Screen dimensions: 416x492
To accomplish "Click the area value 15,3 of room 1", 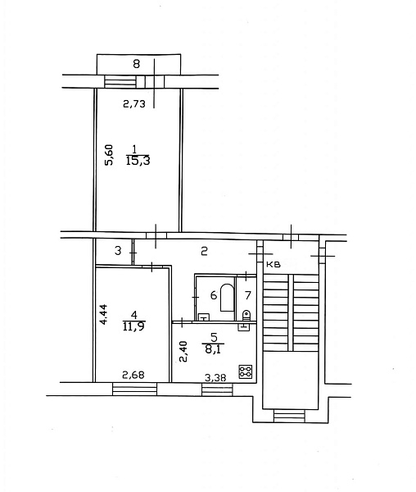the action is (138, 161).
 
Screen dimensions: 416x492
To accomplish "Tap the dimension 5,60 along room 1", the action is (109, 155).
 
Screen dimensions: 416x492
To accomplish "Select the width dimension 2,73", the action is (134, 104).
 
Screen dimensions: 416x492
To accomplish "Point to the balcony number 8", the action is (136, 64).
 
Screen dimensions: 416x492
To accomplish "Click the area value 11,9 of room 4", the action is (134, 326).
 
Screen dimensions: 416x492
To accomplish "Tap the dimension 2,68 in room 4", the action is (133, 375).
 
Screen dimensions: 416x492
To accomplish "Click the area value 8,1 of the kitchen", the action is (213, 349).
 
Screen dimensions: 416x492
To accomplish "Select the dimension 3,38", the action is (215, 378).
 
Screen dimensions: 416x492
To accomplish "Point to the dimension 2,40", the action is (184, 352).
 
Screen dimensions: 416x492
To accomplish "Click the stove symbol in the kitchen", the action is (246, 371).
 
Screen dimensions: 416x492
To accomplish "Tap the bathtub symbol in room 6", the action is (228, 298).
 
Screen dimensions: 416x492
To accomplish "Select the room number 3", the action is (118, 251).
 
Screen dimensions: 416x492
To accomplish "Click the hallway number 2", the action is (204, 251).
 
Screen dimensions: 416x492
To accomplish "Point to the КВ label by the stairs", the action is (273, 265).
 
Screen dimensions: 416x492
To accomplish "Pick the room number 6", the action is (214, 295).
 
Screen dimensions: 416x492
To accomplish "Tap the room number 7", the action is (248, 295).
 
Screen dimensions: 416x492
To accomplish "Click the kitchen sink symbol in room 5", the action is (244, 326).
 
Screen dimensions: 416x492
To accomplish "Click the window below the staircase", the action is (289, 416).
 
